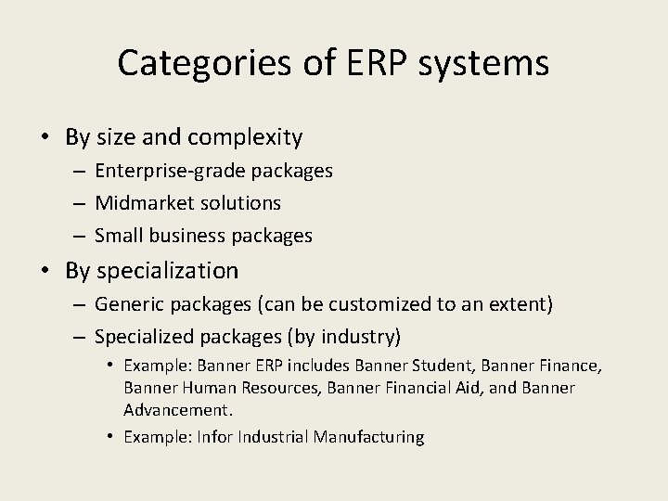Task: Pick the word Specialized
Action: pyautogui.click(x=144, y=335)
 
